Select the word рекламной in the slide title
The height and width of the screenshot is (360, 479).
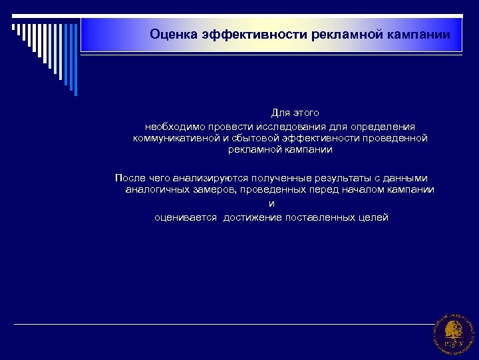pos(345,34)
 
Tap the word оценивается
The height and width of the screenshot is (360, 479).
pos(186,218)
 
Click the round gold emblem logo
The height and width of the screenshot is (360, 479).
pos(454,334)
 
